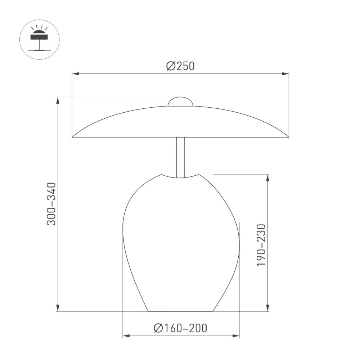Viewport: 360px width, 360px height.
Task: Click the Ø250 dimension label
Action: (180, 66)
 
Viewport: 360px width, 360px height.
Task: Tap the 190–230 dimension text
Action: (261, 245)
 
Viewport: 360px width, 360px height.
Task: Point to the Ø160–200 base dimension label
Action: (180, 328)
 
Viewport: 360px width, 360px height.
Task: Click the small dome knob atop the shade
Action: (181, 102)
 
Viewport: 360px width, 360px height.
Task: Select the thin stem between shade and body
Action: (181, 157)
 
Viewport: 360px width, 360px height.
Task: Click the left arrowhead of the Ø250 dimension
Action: (75, 74)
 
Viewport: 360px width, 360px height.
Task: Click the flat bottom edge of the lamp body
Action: (181, 311)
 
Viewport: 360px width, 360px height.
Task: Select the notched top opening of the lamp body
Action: (181, 176)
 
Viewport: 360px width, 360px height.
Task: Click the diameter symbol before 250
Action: (171, 66)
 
